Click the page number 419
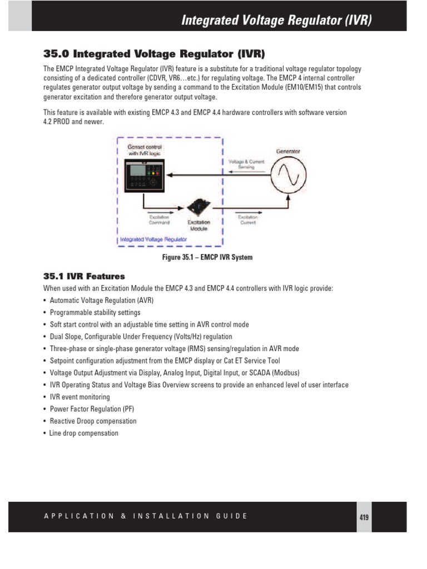[364, 517]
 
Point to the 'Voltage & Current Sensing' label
[247, 164]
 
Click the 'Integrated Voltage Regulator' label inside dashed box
[153, 239]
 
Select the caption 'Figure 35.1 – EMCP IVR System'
[207, 257]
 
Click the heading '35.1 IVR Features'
[84, 276]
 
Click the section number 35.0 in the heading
[57, 54]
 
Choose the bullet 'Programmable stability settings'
[95, 312]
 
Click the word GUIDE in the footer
[231, 516]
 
